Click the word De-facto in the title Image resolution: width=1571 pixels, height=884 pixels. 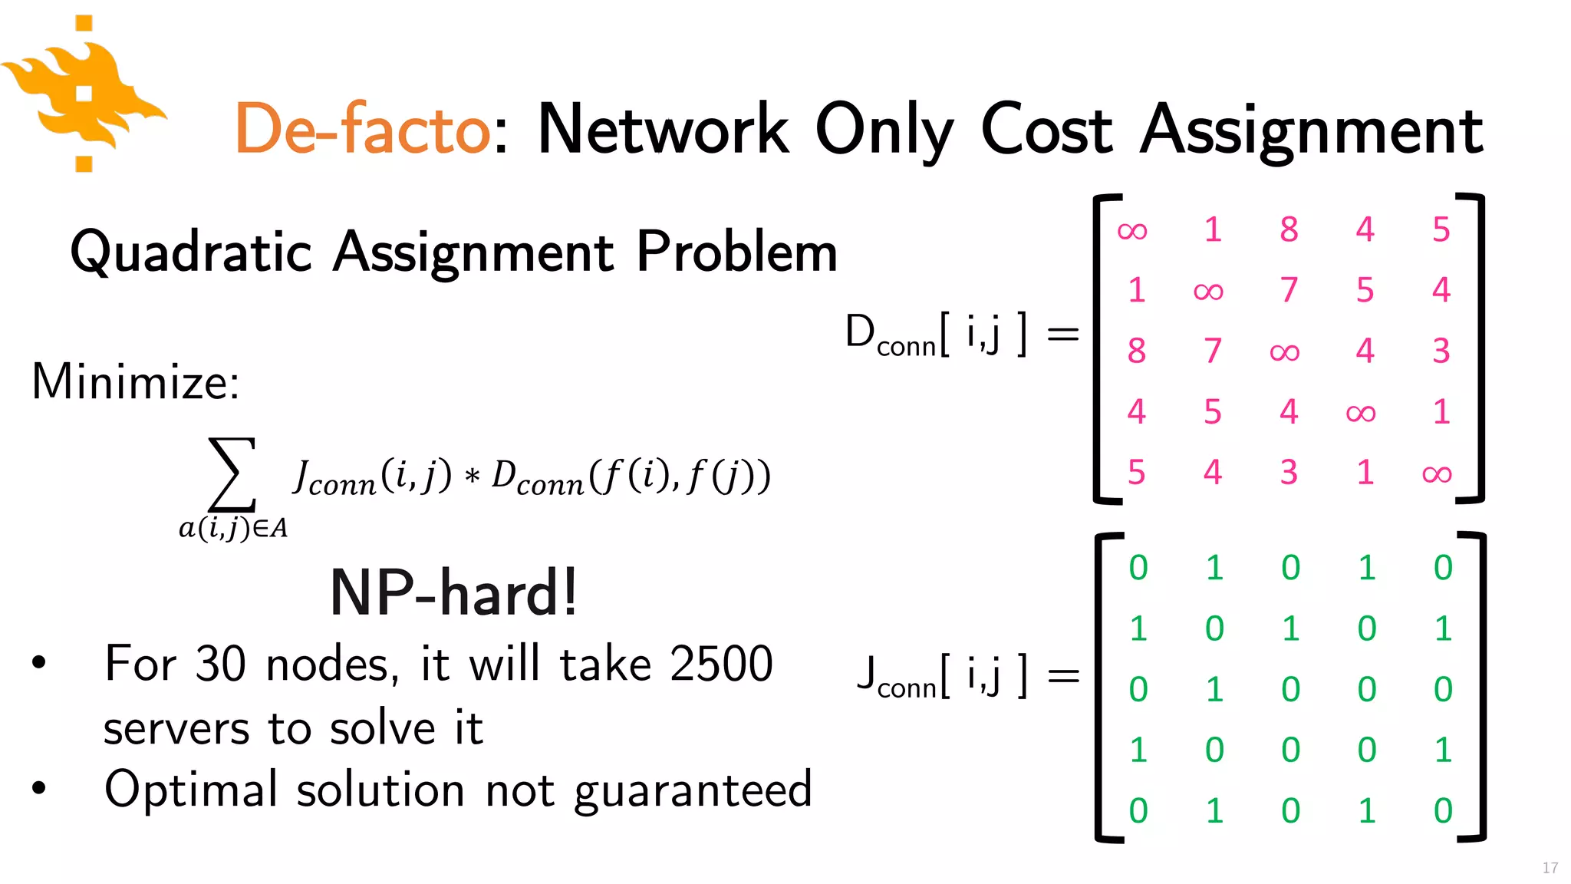[x=362, y=129]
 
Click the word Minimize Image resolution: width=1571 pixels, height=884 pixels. [x=135, y=381]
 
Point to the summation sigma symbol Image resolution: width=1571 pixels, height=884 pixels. [x=232, y=474]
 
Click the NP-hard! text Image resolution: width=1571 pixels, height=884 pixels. [x=453, y=593]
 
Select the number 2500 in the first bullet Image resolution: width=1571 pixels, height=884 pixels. [x=721, y=664]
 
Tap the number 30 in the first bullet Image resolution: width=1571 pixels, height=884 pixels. [x=220, y=664]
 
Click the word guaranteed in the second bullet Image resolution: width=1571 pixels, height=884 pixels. [x=693, y=790]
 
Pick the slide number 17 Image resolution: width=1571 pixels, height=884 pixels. [x=1550, y=868]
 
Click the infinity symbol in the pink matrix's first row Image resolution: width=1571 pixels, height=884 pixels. [x=1132, y=230]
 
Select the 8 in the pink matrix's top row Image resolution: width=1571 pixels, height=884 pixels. [x=1289, y=229]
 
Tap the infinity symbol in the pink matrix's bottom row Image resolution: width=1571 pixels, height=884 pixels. [x=1437, y=473]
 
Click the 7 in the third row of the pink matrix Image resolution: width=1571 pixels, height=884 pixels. [x=1213, y=351]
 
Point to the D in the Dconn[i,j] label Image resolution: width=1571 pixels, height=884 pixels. [x=860, y=331]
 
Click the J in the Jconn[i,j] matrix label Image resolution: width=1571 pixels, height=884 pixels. [x=867, y=673]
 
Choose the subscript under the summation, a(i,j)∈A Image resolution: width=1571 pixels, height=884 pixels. [x=233, y=528]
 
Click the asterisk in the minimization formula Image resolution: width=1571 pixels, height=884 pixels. [x=472, y=477]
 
